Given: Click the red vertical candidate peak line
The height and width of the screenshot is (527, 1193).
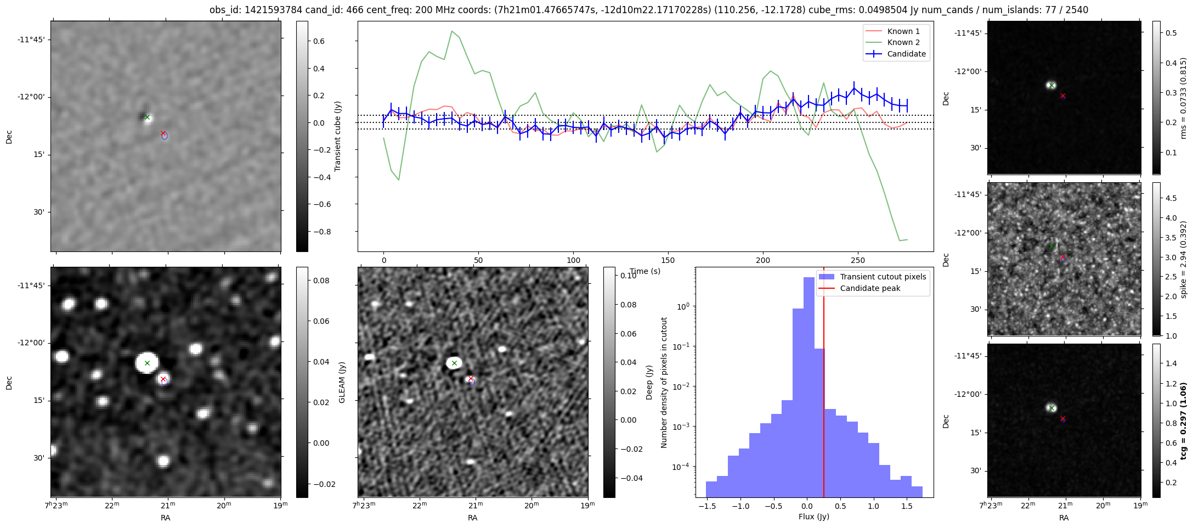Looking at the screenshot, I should pos(824,384).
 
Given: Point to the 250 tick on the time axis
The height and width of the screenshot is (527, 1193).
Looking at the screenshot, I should pos(857,260).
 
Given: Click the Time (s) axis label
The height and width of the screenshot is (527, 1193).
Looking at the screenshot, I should pos(645,271).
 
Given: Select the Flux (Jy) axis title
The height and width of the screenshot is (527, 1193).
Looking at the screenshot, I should pos(814,517).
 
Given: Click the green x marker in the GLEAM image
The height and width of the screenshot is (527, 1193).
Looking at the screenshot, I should pos(147,363).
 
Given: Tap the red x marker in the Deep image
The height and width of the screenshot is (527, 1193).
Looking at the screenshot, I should pos(471,378).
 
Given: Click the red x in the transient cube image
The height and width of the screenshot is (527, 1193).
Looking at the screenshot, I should pos(163,133).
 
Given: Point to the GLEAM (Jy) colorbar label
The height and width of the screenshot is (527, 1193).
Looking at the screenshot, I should pos(342,382).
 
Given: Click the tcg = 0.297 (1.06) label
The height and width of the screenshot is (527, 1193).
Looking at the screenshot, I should pos(1184,421).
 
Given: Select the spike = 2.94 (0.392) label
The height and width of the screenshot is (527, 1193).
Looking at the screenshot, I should pos(1184,259).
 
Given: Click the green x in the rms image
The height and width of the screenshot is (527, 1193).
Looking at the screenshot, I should pos(1051,85).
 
